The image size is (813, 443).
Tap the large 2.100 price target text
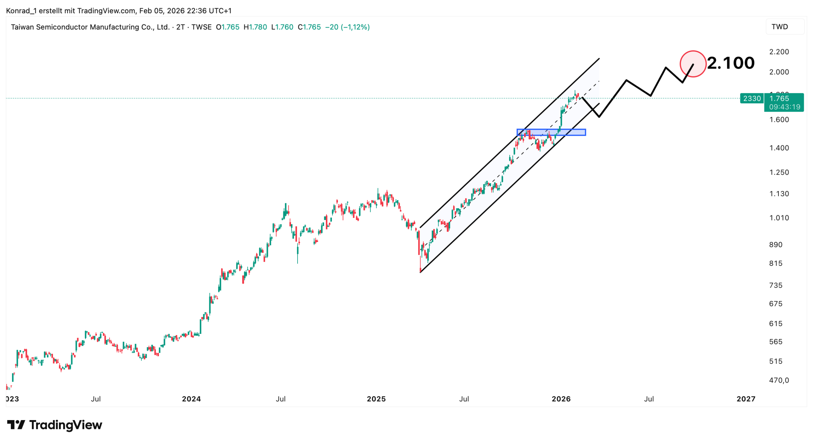click(730, 63)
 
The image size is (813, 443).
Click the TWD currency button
click(779, 27)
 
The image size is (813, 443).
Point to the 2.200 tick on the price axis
click(779, 52)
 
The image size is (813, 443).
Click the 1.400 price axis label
click(779, 148)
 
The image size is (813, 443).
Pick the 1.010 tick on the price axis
click(779, 218)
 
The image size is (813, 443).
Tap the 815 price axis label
click(776, 263)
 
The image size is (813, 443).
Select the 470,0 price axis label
click(779, 380)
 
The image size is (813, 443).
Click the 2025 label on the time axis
click(376, 399)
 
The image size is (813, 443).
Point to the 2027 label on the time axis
click(746, 399)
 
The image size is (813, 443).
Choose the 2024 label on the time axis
click(191, 399)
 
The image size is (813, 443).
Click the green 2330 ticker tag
click(751, 99)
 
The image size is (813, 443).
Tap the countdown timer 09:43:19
click(784, 107)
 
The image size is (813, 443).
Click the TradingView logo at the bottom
click(55, 425)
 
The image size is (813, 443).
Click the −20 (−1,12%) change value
click(347, 27)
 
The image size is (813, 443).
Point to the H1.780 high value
click(255, 27)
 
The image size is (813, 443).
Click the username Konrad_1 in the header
click(21, 11)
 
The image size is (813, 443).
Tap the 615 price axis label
click(776, 324)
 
